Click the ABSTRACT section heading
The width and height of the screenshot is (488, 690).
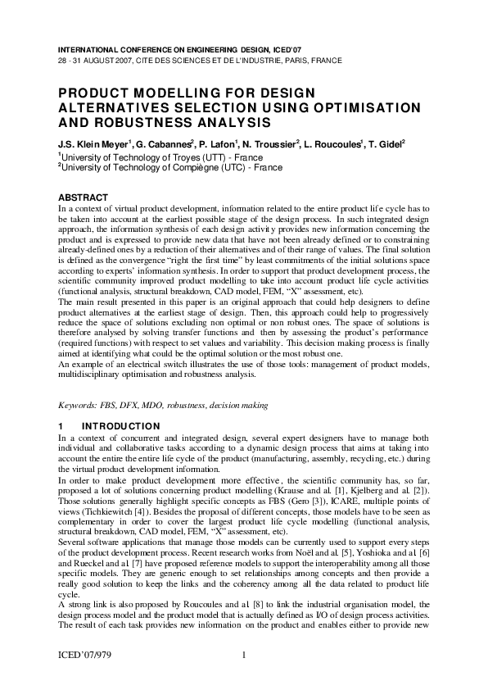pyautogui.click(x=83, y=197)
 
